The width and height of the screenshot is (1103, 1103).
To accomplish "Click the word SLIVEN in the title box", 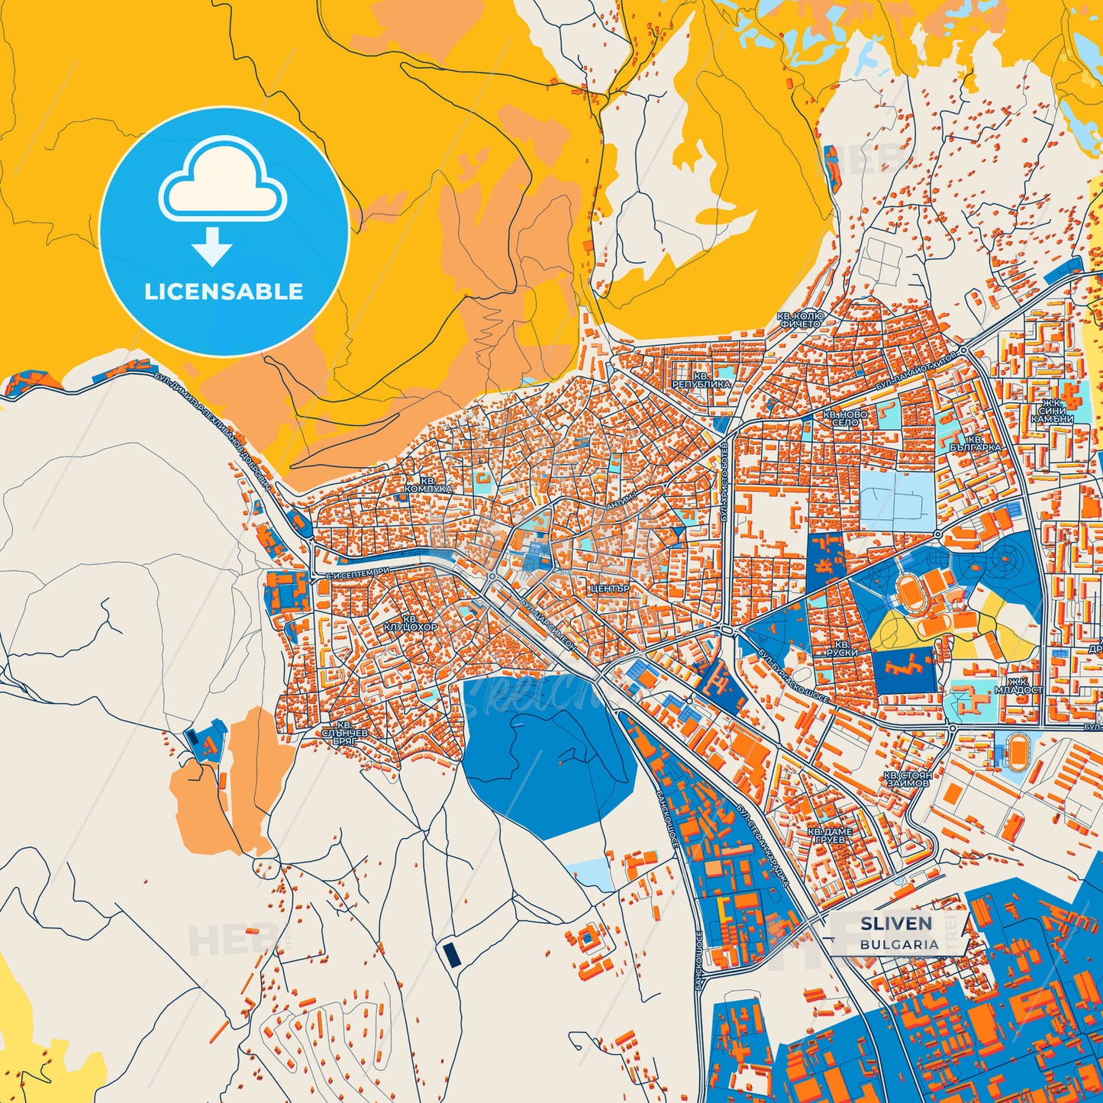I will point(896,924).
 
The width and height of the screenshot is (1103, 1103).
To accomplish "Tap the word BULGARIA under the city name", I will point(899,944).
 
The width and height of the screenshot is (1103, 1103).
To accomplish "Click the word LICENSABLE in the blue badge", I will point(224,292).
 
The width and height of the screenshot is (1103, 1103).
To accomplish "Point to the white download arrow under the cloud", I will point(212,247).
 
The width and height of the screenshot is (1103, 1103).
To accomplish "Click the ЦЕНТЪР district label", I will point(610,589).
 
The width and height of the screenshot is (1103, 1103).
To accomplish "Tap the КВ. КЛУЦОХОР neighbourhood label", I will point(411,623).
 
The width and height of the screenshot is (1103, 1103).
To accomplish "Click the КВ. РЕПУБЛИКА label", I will point(701,379).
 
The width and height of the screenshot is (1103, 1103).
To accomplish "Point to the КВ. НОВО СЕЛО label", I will point(845,418).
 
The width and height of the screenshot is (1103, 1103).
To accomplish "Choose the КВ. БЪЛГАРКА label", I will point(976,444).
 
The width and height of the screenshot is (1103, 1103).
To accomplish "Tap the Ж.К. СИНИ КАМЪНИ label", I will point(1052,411).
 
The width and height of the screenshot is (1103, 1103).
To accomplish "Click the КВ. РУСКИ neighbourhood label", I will point(841,649).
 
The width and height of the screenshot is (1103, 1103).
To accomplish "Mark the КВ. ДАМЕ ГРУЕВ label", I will point(830,835).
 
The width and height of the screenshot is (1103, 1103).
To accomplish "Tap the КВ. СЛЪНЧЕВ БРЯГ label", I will point(345,733).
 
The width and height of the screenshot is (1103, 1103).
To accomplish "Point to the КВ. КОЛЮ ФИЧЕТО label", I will point(800,319).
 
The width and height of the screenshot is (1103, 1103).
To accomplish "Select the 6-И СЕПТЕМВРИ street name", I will point(357,571).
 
